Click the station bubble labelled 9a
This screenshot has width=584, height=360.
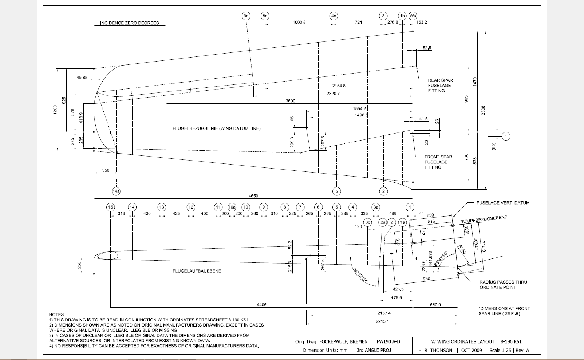point(246,16)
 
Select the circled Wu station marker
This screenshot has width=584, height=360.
point(413,16)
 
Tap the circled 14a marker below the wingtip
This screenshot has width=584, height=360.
point(116,191)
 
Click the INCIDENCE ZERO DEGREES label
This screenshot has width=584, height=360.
point(129,23)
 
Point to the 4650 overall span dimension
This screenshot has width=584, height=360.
point(253,196)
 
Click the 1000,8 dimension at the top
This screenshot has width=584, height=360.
point(299,22)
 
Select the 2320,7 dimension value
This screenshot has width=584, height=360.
point(333,94)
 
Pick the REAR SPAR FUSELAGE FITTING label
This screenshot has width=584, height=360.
point(440,85)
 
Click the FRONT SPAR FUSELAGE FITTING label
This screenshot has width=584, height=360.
point(438,162)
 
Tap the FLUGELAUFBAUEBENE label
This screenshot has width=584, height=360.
point(197,271)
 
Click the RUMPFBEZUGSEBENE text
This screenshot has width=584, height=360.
point(484,219)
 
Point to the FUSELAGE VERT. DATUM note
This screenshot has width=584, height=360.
point(503,203)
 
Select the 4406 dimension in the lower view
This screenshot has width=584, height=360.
point(261,305)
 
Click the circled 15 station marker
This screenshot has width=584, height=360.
point(110,207)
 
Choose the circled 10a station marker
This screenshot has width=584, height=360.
point(232,207)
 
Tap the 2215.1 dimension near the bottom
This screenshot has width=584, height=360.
point(382,321)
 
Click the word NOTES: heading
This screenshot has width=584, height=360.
point(57,314)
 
